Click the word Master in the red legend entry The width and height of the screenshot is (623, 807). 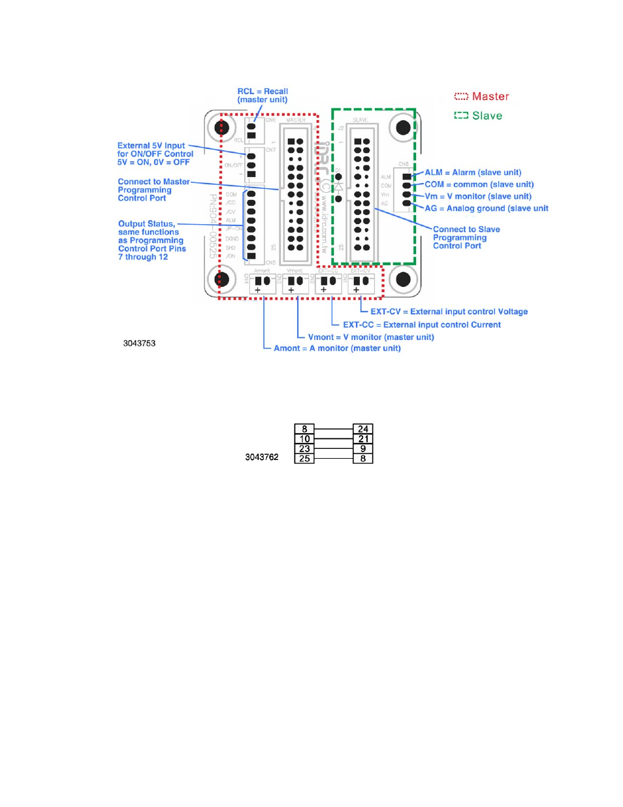490,97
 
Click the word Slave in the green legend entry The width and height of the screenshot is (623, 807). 487,116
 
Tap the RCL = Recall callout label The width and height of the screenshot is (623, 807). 263,95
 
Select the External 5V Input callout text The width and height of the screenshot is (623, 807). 155,154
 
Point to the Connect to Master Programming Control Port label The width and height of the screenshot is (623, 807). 153,190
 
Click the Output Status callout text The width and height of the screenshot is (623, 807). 152,240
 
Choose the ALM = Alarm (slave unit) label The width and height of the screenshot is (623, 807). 473,173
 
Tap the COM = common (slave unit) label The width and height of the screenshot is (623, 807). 479,184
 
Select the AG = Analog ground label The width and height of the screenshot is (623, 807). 486,208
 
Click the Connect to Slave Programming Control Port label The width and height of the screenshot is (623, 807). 466,238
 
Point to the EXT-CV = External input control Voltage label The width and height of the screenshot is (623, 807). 449,312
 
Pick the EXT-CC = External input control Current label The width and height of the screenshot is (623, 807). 422,325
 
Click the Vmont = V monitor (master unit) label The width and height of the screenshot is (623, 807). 371,337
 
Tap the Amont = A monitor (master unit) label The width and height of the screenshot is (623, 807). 337,348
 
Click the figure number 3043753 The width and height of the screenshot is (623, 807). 139,343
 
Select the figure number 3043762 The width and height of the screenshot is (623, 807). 261,457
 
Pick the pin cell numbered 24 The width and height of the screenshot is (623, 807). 363,429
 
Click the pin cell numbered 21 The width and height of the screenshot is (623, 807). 363,439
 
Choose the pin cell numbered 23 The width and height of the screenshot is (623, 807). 304,449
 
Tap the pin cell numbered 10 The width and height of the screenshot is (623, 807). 304,439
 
